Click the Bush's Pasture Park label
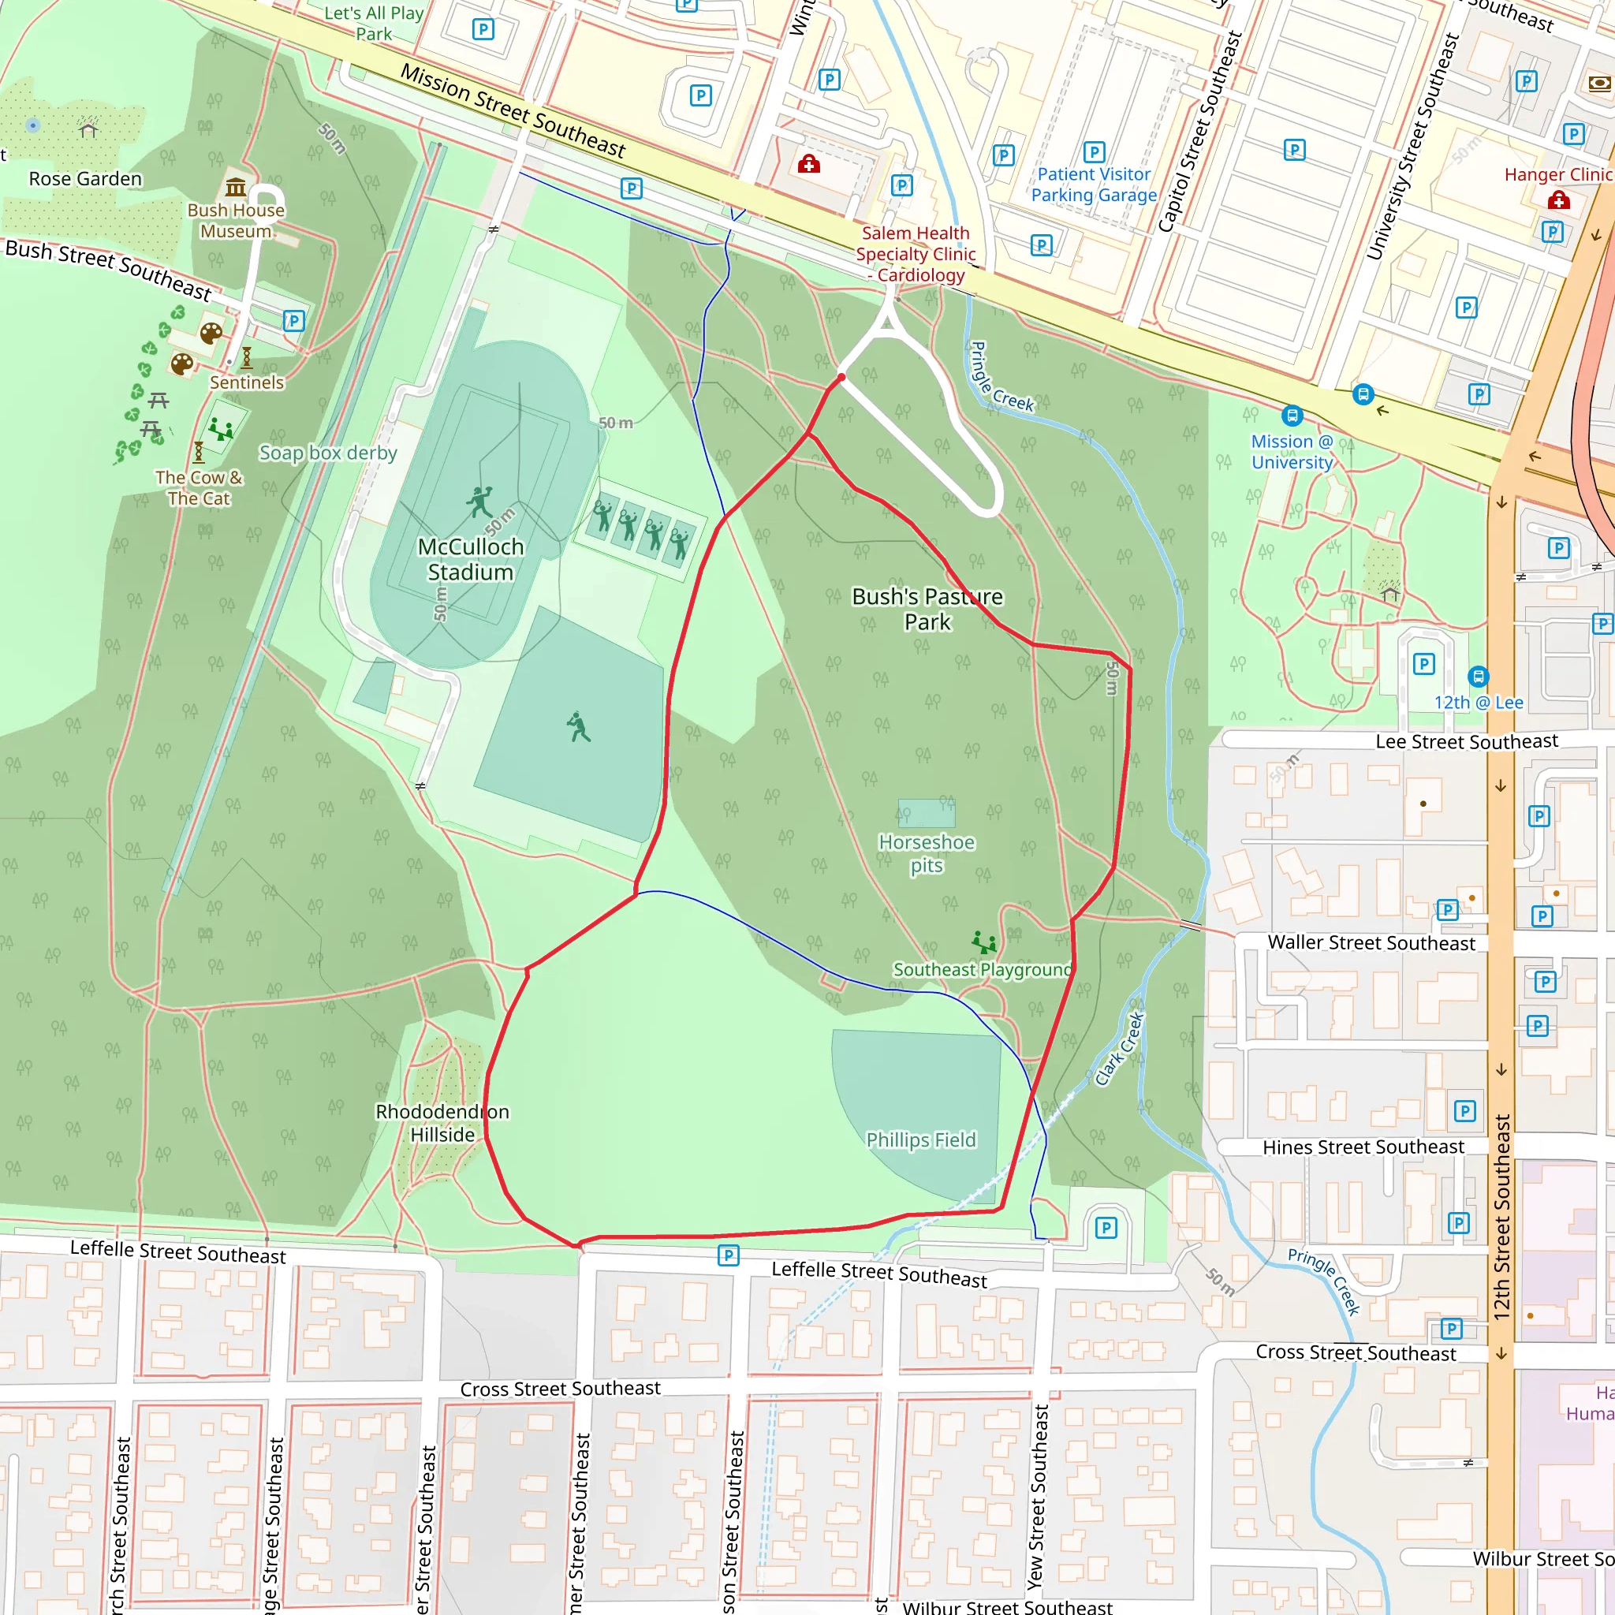click(927, 609)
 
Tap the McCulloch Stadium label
click(471, 559)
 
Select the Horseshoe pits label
click(927, 853)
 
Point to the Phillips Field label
click(920, 1140)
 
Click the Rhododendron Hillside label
click(442, 1123)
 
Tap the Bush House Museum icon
click(236, 186)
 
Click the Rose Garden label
click(85, 179)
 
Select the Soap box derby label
click(328, 453)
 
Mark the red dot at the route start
click(841, 378)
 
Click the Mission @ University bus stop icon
click(1292, 416)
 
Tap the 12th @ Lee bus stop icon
click(1477, 677)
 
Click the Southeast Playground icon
click(984, 944)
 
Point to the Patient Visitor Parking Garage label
click(1094, 185)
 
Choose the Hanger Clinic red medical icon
click(1558, 200)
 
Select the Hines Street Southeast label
click(1363, 1147)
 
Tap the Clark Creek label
click(1119, 1048)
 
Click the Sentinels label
click(247, 382)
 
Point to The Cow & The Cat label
click(198, 488)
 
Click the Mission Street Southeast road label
click(513, 110)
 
